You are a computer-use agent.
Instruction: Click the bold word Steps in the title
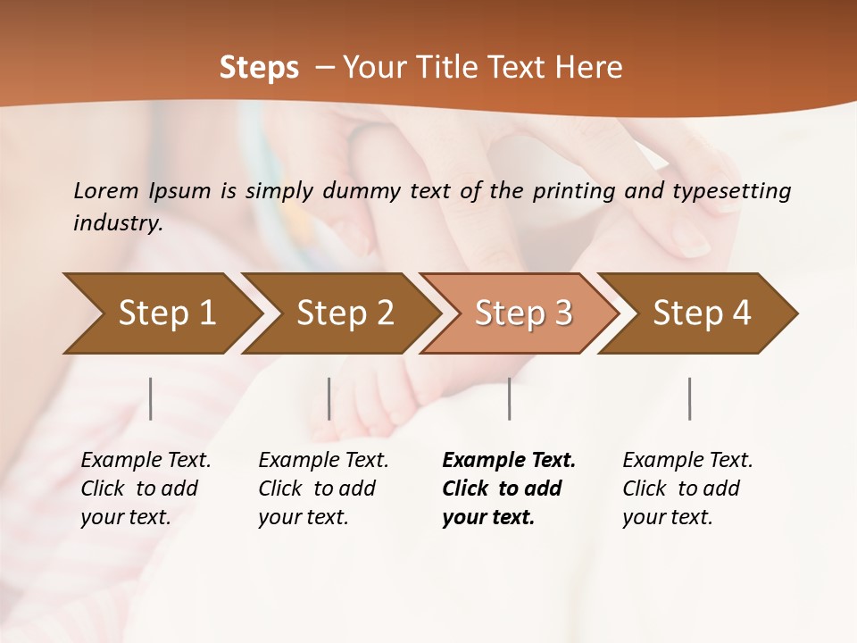point(259,68)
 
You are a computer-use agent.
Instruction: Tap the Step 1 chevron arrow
point(164,313)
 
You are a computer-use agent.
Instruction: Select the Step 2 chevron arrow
point(344,313)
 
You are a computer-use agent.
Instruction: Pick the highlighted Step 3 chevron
point(522,313)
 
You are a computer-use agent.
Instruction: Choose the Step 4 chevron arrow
point(701,313)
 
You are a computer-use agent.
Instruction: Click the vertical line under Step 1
point(151,398)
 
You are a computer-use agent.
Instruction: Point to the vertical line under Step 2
point(329,398)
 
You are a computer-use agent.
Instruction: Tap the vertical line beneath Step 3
point(510,398)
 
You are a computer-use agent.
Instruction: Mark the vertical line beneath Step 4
point(690,398)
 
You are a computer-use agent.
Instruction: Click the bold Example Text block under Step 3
point(509,489)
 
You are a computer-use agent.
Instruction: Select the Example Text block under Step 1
point(146,489)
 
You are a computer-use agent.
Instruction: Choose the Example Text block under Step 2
point(323,489)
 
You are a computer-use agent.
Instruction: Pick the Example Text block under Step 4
point(687,489)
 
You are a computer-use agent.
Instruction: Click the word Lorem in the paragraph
point(105,190)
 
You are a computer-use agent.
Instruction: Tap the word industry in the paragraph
point(117,223)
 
